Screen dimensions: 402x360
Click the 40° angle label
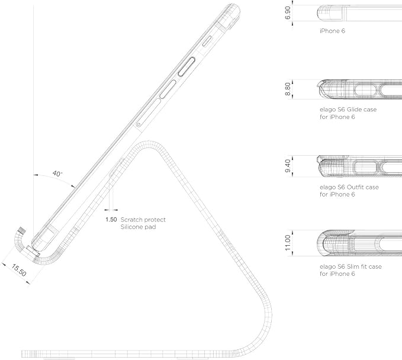coord(57,174)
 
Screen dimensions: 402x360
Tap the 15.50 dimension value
coord(19,270)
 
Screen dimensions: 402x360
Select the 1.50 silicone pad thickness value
coord(111,220)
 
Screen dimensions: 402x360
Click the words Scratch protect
coord(143,220)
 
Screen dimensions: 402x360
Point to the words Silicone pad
coord(138,227)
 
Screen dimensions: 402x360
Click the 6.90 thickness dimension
coord(288,13)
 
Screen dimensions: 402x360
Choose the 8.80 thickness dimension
coord(288,89)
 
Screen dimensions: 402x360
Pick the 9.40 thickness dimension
coord(288,166)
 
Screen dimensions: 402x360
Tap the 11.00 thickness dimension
coord(288,243)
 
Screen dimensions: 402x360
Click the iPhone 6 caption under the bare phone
coord(332,31)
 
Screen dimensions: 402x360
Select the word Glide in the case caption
coord(354,110)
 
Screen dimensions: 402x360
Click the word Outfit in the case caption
coord(355,187)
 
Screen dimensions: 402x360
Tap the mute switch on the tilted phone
coord(207,41)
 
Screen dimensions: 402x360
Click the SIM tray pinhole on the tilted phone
coord(139,124)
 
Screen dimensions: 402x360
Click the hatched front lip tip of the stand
coord(22,230)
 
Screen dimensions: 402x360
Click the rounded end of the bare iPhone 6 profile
coord(318,13)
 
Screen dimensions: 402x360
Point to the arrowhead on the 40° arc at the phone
coord(73,186)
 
